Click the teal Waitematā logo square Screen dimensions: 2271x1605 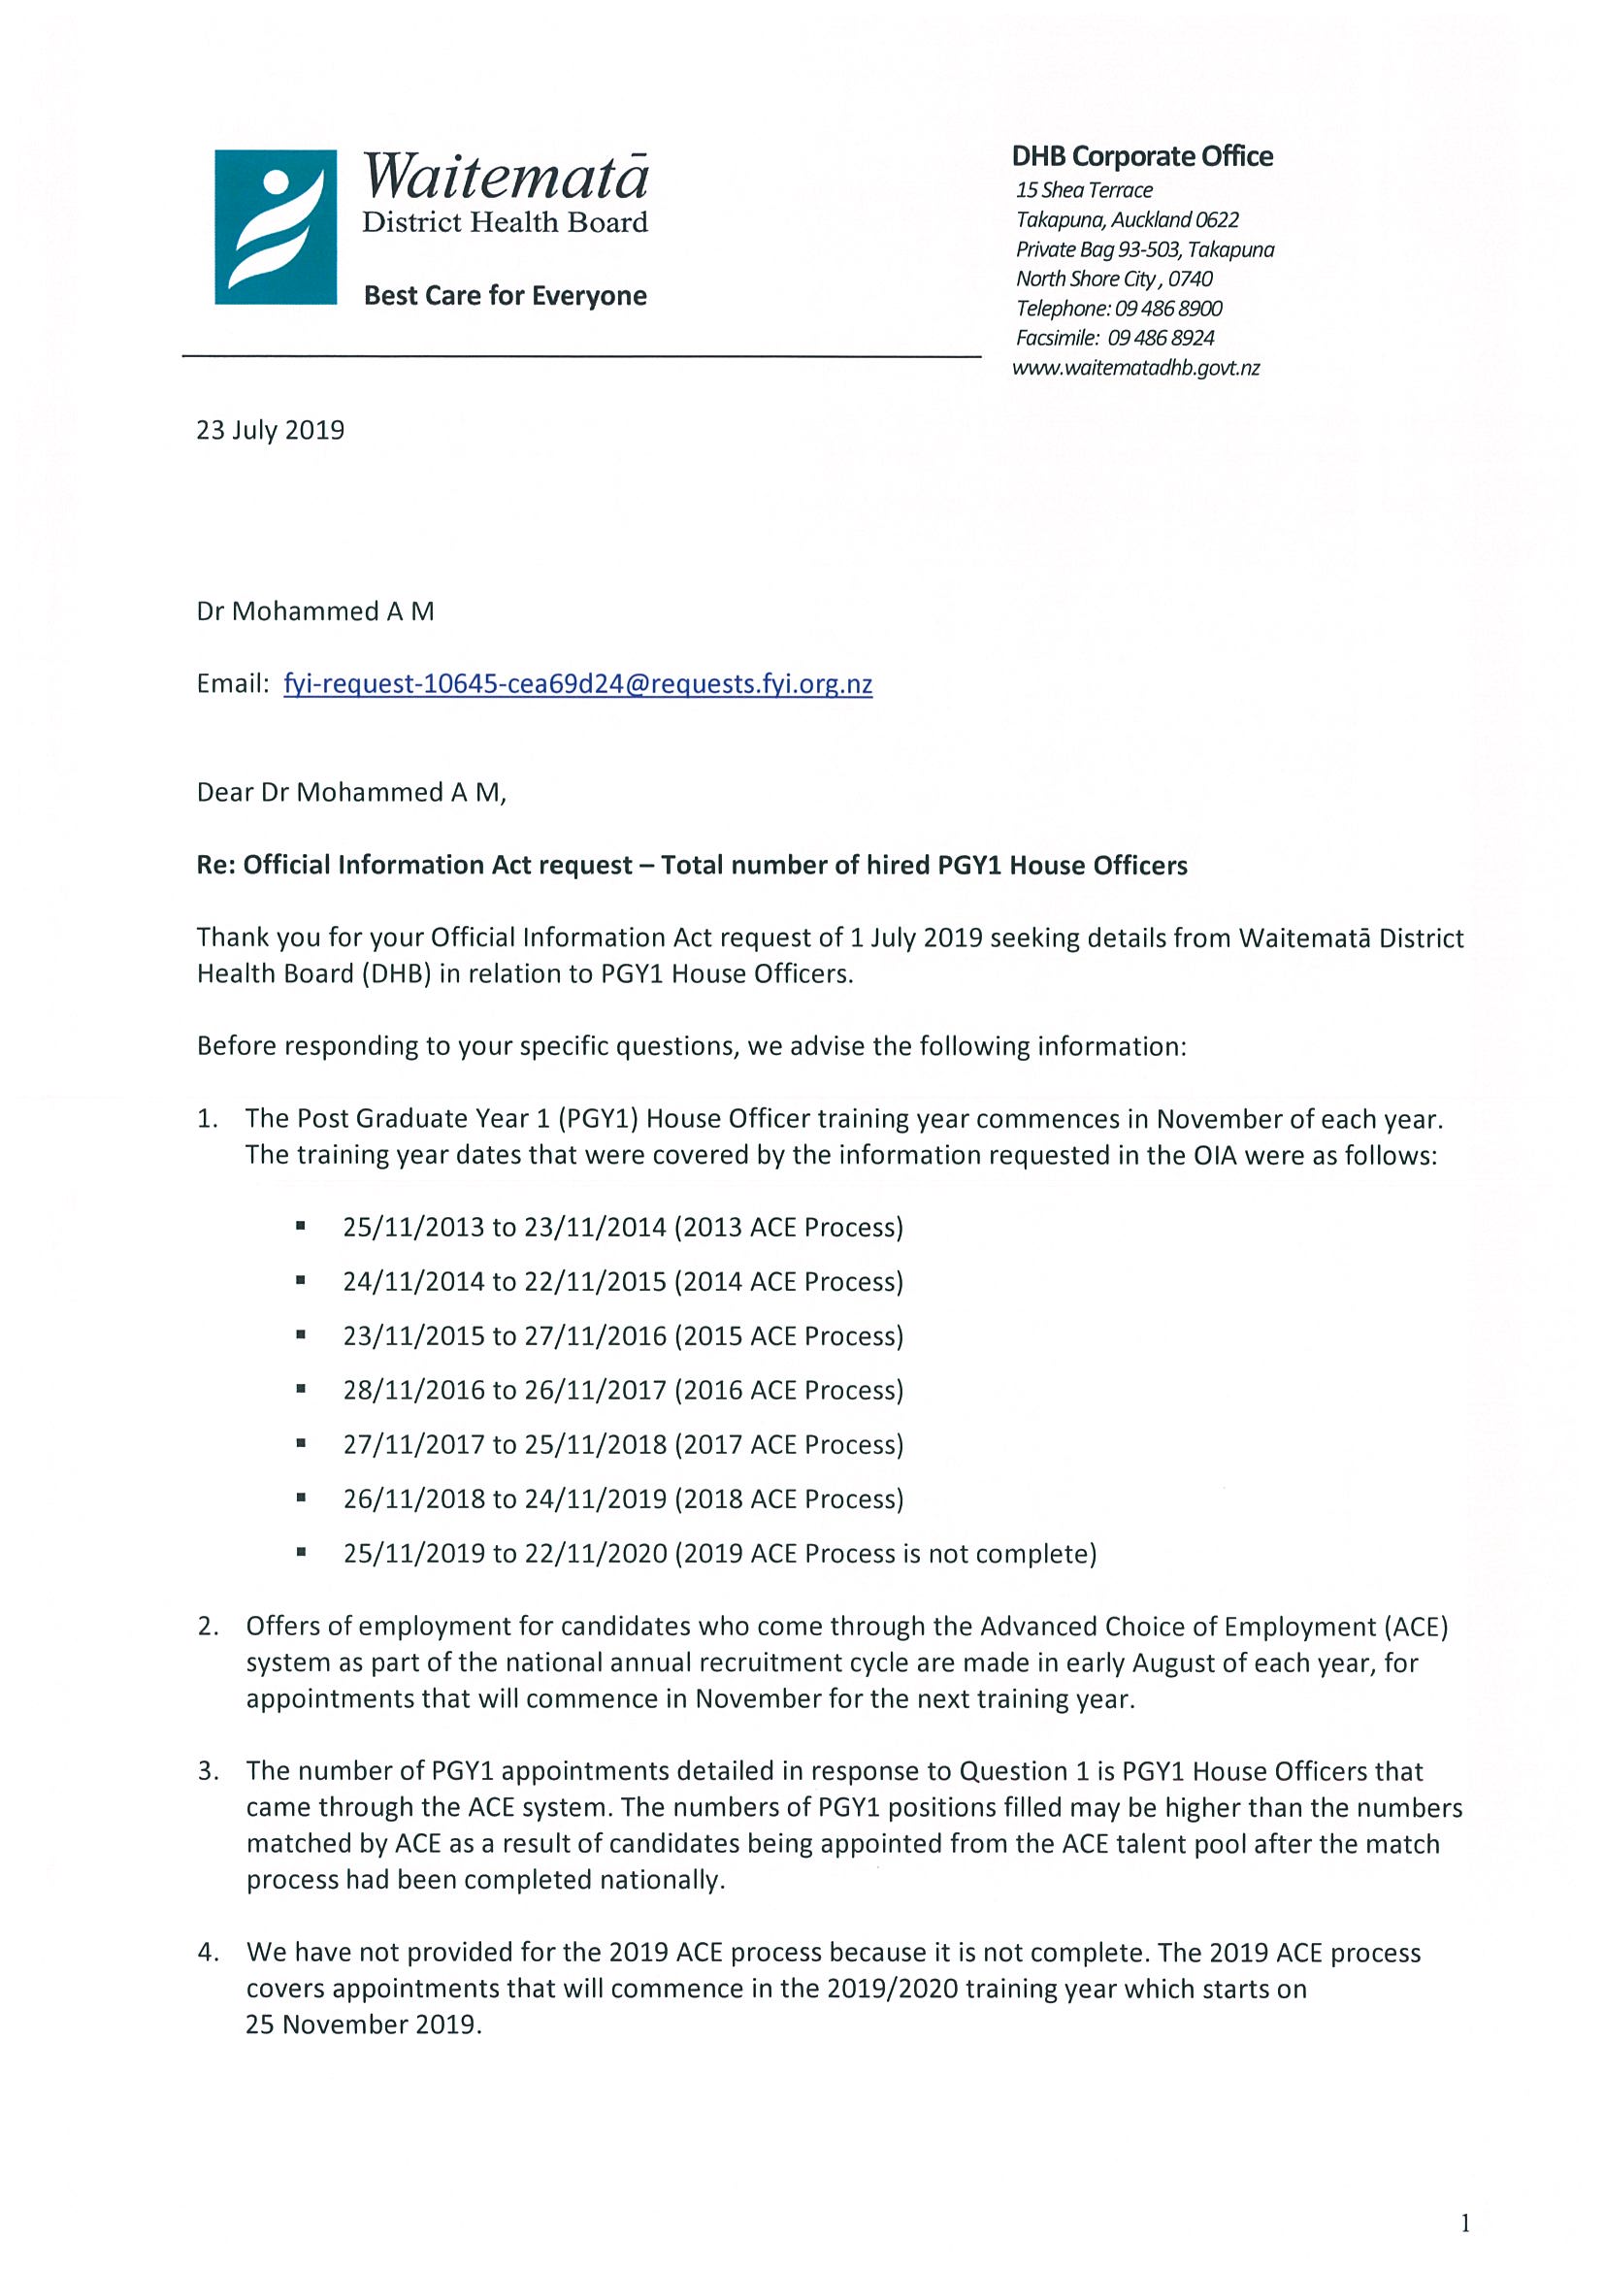coord(275,226)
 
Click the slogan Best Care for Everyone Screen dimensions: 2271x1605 coord(505,296)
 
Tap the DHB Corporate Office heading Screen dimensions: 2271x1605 coord(1141,156)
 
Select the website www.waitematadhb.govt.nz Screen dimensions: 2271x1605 coord(1135,368)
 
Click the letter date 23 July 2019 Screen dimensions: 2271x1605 coord(270,430)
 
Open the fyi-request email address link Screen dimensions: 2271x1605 coord(577,684)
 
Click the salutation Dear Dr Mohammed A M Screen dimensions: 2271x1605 coord(351,793)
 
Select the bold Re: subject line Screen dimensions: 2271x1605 coord(691,866)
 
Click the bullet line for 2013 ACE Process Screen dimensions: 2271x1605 coord(623,1228)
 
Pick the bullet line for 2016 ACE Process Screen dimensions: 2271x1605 coord(623,1391)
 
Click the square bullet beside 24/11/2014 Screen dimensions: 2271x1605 coord(300,1282)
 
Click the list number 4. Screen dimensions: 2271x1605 coord(207,1953)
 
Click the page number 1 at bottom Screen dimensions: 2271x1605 coord(1464,2224)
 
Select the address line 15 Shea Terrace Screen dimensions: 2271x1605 coord(1084,190)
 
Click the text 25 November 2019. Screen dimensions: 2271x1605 coord(363,2024)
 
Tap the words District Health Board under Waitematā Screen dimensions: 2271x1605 coord(505,222)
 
